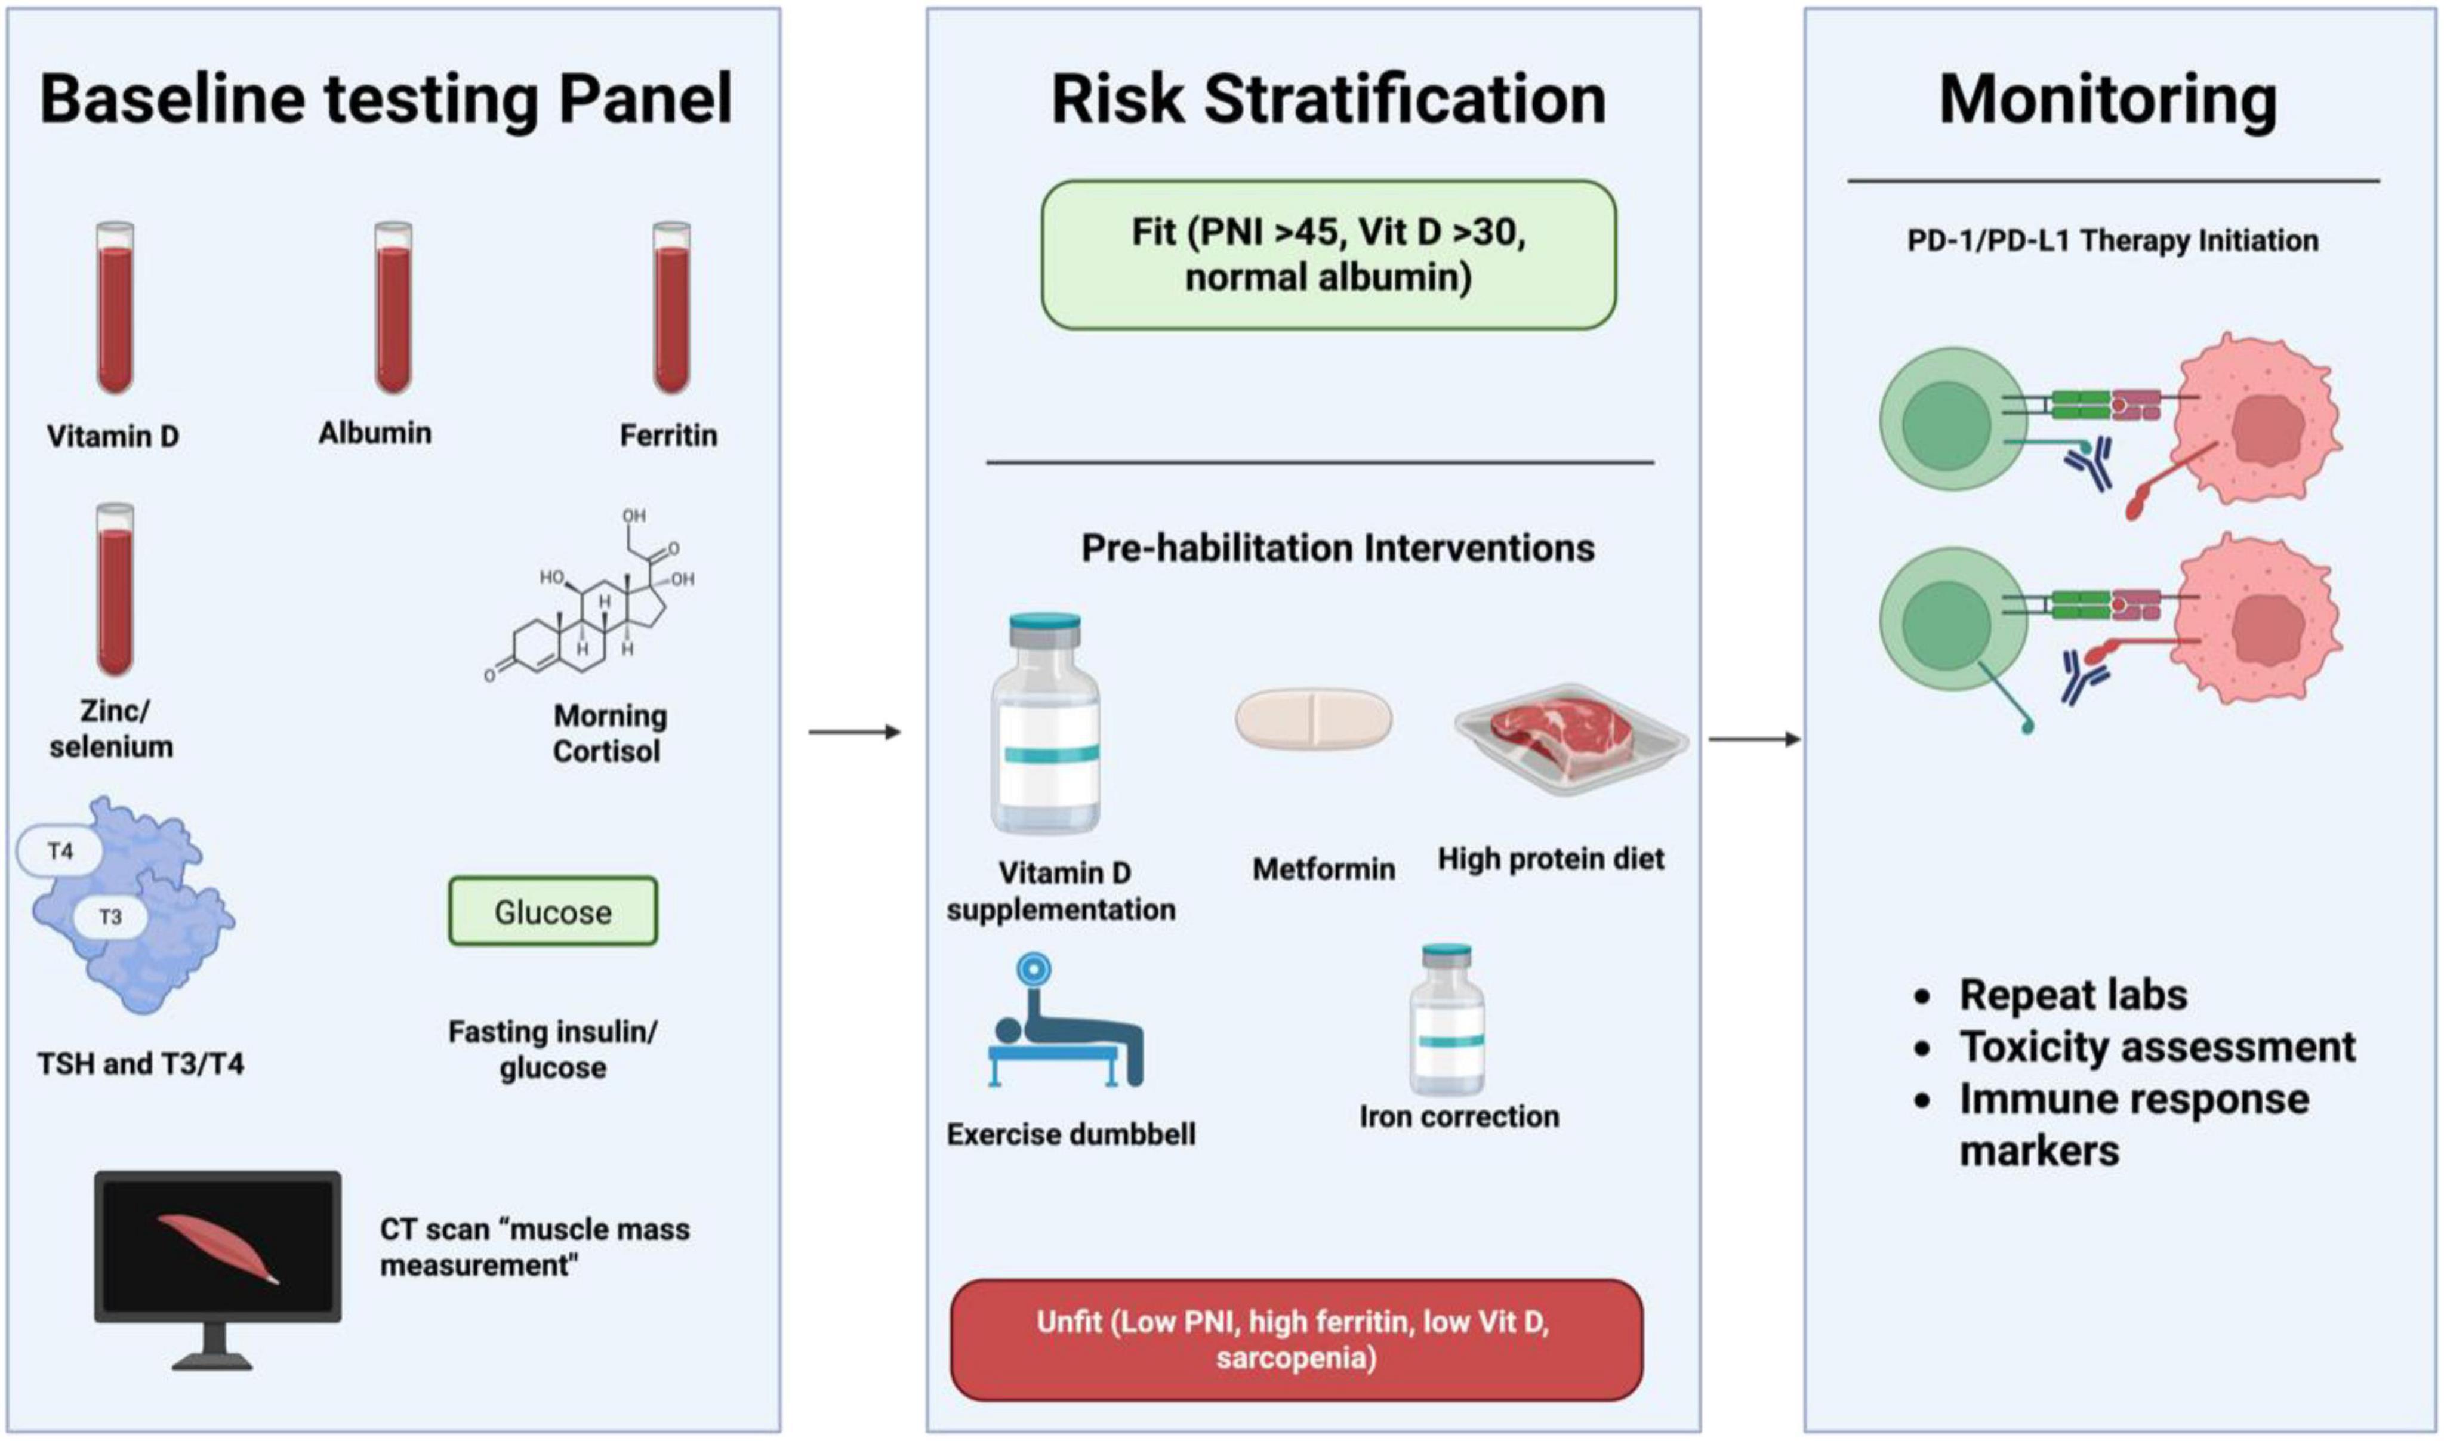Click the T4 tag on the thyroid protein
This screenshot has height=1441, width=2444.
[x=60, y=851]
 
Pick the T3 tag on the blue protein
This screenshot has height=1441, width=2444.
[x=110, y=917]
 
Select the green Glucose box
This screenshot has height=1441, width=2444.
[x=553, y=911]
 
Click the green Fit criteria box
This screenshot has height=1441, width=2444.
[x=1329, y=254]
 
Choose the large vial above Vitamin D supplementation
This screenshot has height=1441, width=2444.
[x=1046, y=723]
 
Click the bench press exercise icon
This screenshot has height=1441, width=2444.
[x=1065, y=1020]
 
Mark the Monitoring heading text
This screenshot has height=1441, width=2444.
[x=2108, y=100]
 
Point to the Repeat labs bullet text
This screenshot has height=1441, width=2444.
[x=2073, y=994]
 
